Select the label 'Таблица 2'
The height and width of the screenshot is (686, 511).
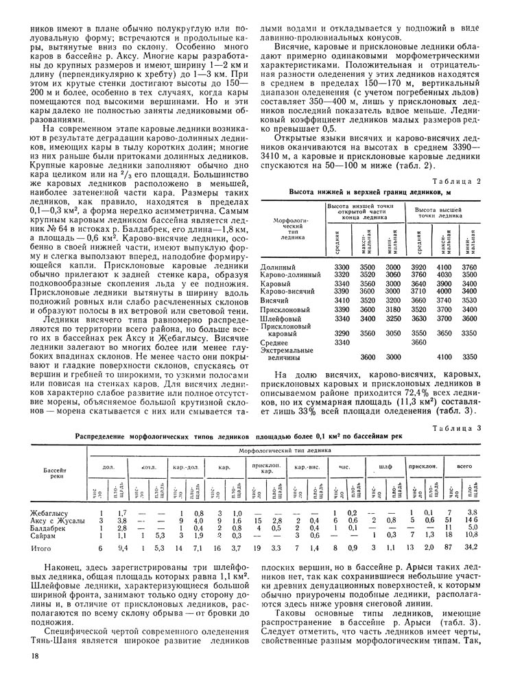tap(473, 180)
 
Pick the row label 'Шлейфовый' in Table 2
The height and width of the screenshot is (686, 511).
tap(279, 318)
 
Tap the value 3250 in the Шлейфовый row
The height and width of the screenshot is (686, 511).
tap(392, 318)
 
